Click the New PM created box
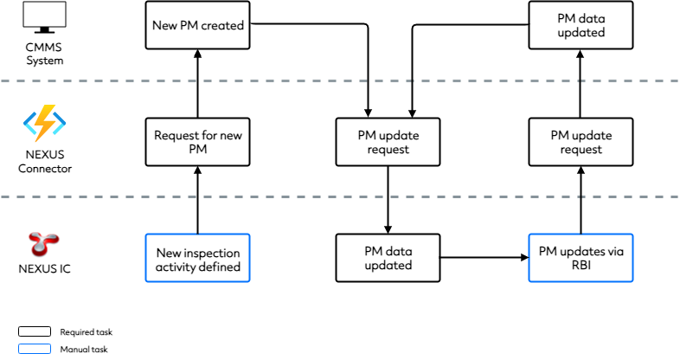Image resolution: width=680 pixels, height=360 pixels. tap(198, 25)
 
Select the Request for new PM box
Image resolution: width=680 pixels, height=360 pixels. tap(198, 142)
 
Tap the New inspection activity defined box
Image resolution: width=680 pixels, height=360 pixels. tap(198, 259)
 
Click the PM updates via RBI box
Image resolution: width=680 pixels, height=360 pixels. tap(581, 258)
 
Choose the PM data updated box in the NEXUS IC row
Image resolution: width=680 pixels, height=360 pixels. tap(388, 258)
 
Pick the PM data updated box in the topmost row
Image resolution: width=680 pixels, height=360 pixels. tap(581, 25)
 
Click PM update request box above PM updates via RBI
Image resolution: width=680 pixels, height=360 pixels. tap(581, 142)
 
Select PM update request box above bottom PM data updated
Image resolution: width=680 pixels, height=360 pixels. tap(388, 142)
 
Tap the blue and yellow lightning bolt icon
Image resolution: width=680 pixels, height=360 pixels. tap(44, 124)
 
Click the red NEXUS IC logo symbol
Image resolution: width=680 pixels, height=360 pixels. tap(44, 245)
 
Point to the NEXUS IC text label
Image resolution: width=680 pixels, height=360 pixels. tap(45, 269)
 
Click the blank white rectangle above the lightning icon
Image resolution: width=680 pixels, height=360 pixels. tap(44, 15)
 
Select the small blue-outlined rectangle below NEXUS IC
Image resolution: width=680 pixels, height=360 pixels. tap(35, 349)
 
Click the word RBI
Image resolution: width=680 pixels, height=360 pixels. tap(581, 266)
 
